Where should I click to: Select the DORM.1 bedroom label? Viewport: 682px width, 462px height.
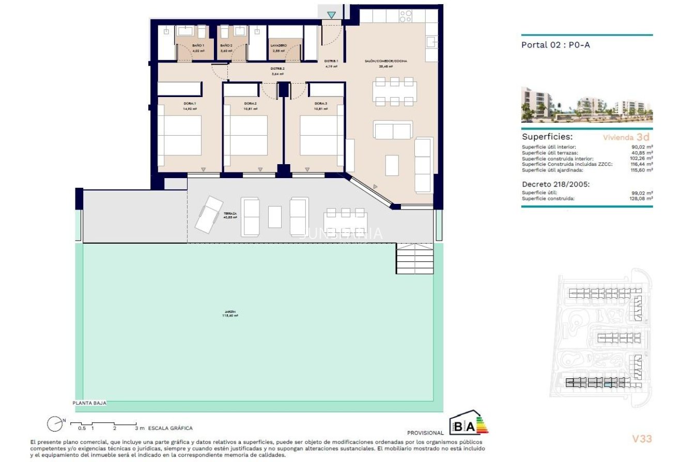click(190, 104)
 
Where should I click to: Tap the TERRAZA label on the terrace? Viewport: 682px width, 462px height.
click(230, 213)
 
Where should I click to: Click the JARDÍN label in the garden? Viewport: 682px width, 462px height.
click(230, 312)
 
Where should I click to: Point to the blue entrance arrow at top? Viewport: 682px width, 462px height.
click(331, 15)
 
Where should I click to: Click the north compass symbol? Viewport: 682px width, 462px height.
click(55, 424)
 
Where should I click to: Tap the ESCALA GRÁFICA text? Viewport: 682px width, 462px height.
click(170, 428)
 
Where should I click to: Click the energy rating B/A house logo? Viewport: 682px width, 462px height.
click(468, 423)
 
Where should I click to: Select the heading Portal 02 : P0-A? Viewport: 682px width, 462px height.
click(555, 45)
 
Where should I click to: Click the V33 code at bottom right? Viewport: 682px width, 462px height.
click(642, 439)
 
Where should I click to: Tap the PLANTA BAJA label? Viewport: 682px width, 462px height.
click(89, 404)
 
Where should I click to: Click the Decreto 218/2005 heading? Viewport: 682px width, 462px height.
click(556, 184)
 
